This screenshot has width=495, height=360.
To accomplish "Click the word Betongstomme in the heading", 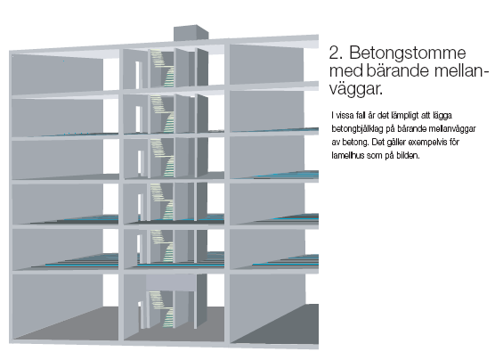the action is coord(408,53).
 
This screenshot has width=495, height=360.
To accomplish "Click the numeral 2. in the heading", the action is coord(336,53).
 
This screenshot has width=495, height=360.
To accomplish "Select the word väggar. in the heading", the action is coord(356,89).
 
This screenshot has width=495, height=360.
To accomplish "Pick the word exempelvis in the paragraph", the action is coord(426,143).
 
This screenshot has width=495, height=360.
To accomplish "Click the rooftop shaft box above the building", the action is coord(191,33).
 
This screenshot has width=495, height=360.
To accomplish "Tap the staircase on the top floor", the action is coord(163,68).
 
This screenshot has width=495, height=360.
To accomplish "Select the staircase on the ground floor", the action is coord(162,309).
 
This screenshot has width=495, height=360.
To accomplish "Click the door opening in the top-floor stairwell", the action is coord(138,75).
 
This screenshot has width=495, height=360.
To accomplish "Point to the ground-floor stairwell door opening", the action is coord(140,315).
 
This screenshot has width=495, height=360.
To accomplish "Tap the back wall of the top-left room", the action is coord(57,74).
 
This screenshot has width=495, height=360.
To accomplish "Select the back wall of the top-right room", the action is coord(266,65).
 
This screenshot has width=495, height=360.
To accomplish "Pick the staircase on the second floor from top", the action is coord(163,113).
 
